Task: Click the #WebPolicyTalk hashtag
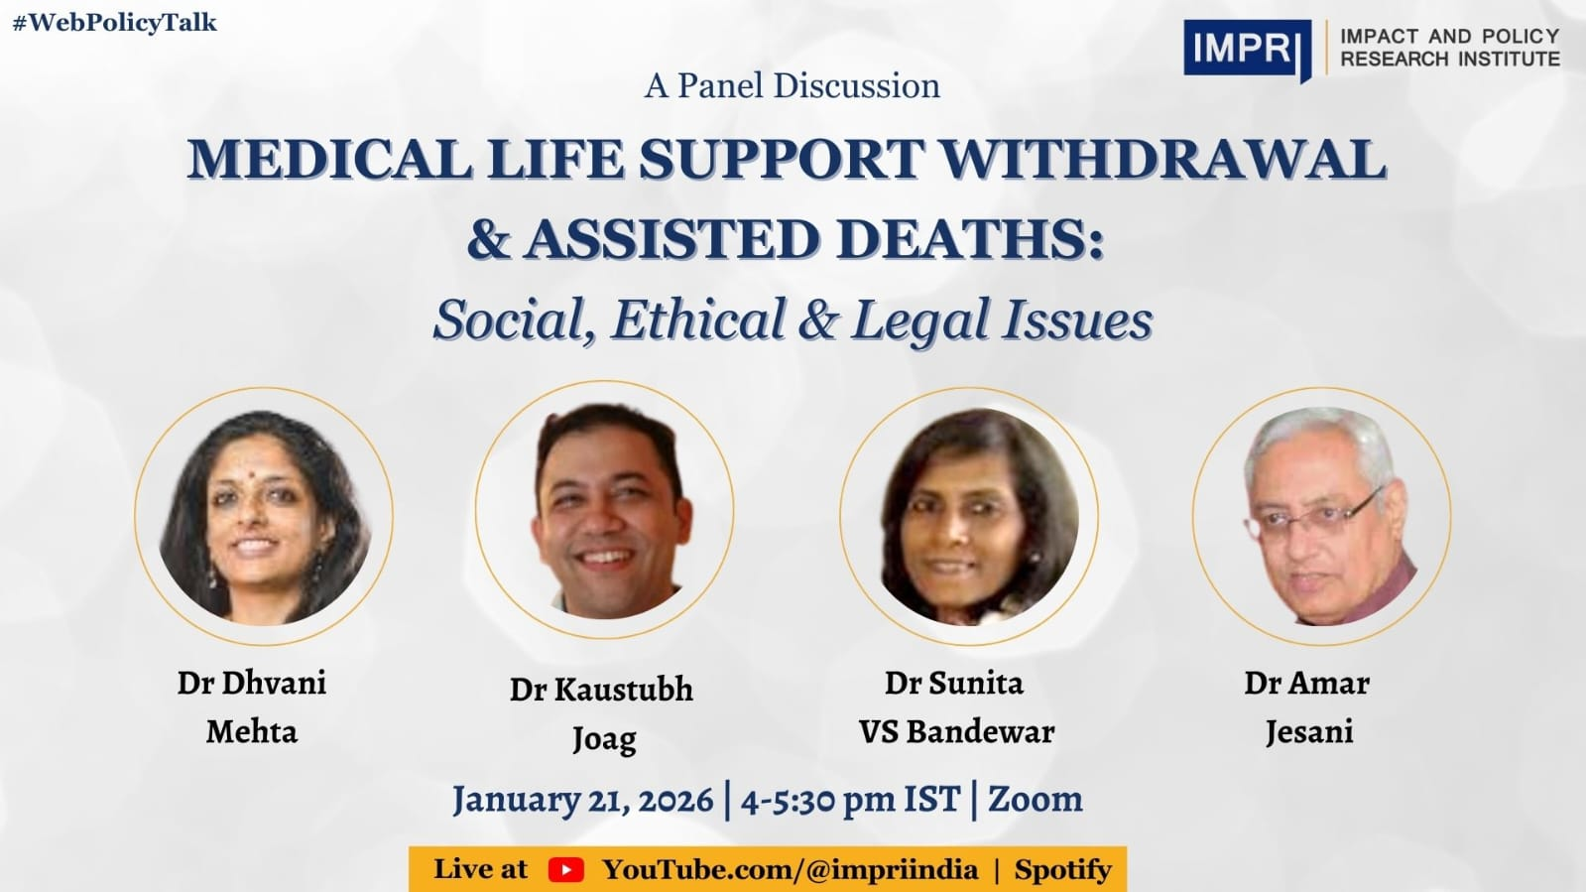tap(114, 23)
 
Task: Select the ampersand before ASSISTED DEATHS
tap(488, 240)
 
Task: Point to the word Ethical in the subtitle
tap(698, 320)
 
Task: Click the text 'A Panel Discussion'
tap(792, 86)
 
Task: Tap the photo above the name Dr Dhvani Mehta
tap(264, 516)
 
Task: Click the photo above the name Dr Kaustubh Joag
tap(605, 511)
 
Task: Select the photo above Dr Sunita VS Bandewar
tap(969, 516)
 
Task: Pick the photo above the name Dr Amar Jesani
tap(1321, 516)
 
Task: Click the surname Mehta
tap(252, 732)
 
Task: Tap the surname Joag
tap(603, 739)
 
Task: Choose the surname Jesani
tap(1308, 732)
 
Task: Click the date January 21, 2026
tap(583, 800)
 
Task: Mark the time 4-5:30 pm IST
tap(850, 800)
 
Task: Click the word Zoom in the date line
tap(1035, 800)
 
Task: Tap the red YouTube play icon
tap(565, 870)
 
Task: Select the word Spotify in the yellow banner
tap(1062, 870)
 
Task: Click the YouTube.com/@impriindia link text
tap(790, 870)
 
